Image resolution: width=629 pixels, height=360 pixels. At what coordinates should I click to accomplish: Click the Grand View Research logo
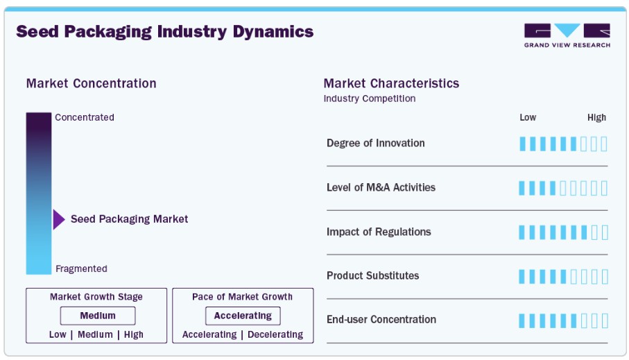pyautogui.click(x=567, y=35)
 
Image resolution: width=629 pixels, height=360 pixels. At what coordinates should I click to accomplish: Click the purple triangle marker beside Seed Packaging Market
pyautogui.click(x=58, y=219)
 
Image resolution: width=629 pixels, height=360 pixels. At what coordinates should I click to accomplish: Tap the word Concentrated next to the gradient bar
pyautogui.click(x=85, y=117)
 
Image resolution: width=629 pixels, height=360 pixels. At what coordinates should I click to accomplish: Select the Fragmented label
pyautogui.click(x=81, y=268)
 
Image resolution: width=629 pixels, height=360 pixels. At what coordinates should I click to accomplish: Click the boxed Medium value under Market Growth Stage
pyautogui.click(x=98, y=316)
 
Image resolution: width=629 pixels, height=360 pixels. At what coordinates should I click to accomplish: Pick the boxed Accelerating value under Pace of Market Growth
pyautogui.click(x=243, y=316)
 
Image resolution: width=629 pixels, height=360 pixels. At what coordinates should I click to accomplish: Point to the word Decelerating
pyautogui.click(x=275, y=334)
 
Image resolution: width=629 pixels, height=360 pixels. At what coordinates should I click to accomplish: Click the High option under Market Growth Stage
pyautogui.click(x=134, y=334)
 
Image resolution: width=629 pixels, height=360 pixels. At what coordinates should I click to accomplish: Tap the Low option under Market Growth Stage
pyautogui.click(x=58, y=334)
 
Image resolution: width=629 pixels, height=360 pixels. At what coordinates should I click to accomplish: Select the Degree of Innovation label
pyautogui.click(x=375, y=143)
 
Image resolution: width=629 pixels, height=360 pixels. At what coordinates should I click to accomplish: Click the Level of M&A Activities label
pyautogui.click(x=381, y=187)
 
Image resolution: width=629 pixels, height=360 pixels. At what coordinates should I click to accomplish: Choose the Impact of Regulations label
pyautogui.click(x=379, y=232)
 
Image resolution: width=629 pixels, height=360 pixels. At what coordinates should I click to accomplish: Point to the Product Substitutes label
pyautogui.click(x=372, y=275)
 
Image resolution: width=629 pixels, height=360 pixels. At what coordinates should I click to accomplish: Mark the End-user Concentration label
pyautogui.click(x=381, y=319)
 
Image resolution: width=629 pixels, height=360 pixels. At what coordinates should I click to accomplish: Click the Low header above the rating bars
pyautogui.click(x=528, y=117)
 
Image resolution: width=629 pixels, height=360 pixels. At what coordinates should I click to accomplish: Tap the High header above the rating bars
pyautogui.click(x=596, y=117)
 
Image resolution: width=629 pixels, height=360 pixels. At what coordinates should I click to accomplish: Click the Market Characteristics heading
pyautogui.click(x=391, y=83)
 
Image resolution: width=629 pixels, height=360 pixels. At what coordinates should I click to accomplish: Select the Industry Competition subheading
pyautogui.click(x=370, y=98)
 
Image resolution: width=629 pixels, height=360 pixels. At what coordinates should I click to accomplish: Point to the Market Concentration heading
pyautogui.click(x=91, y=83)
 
